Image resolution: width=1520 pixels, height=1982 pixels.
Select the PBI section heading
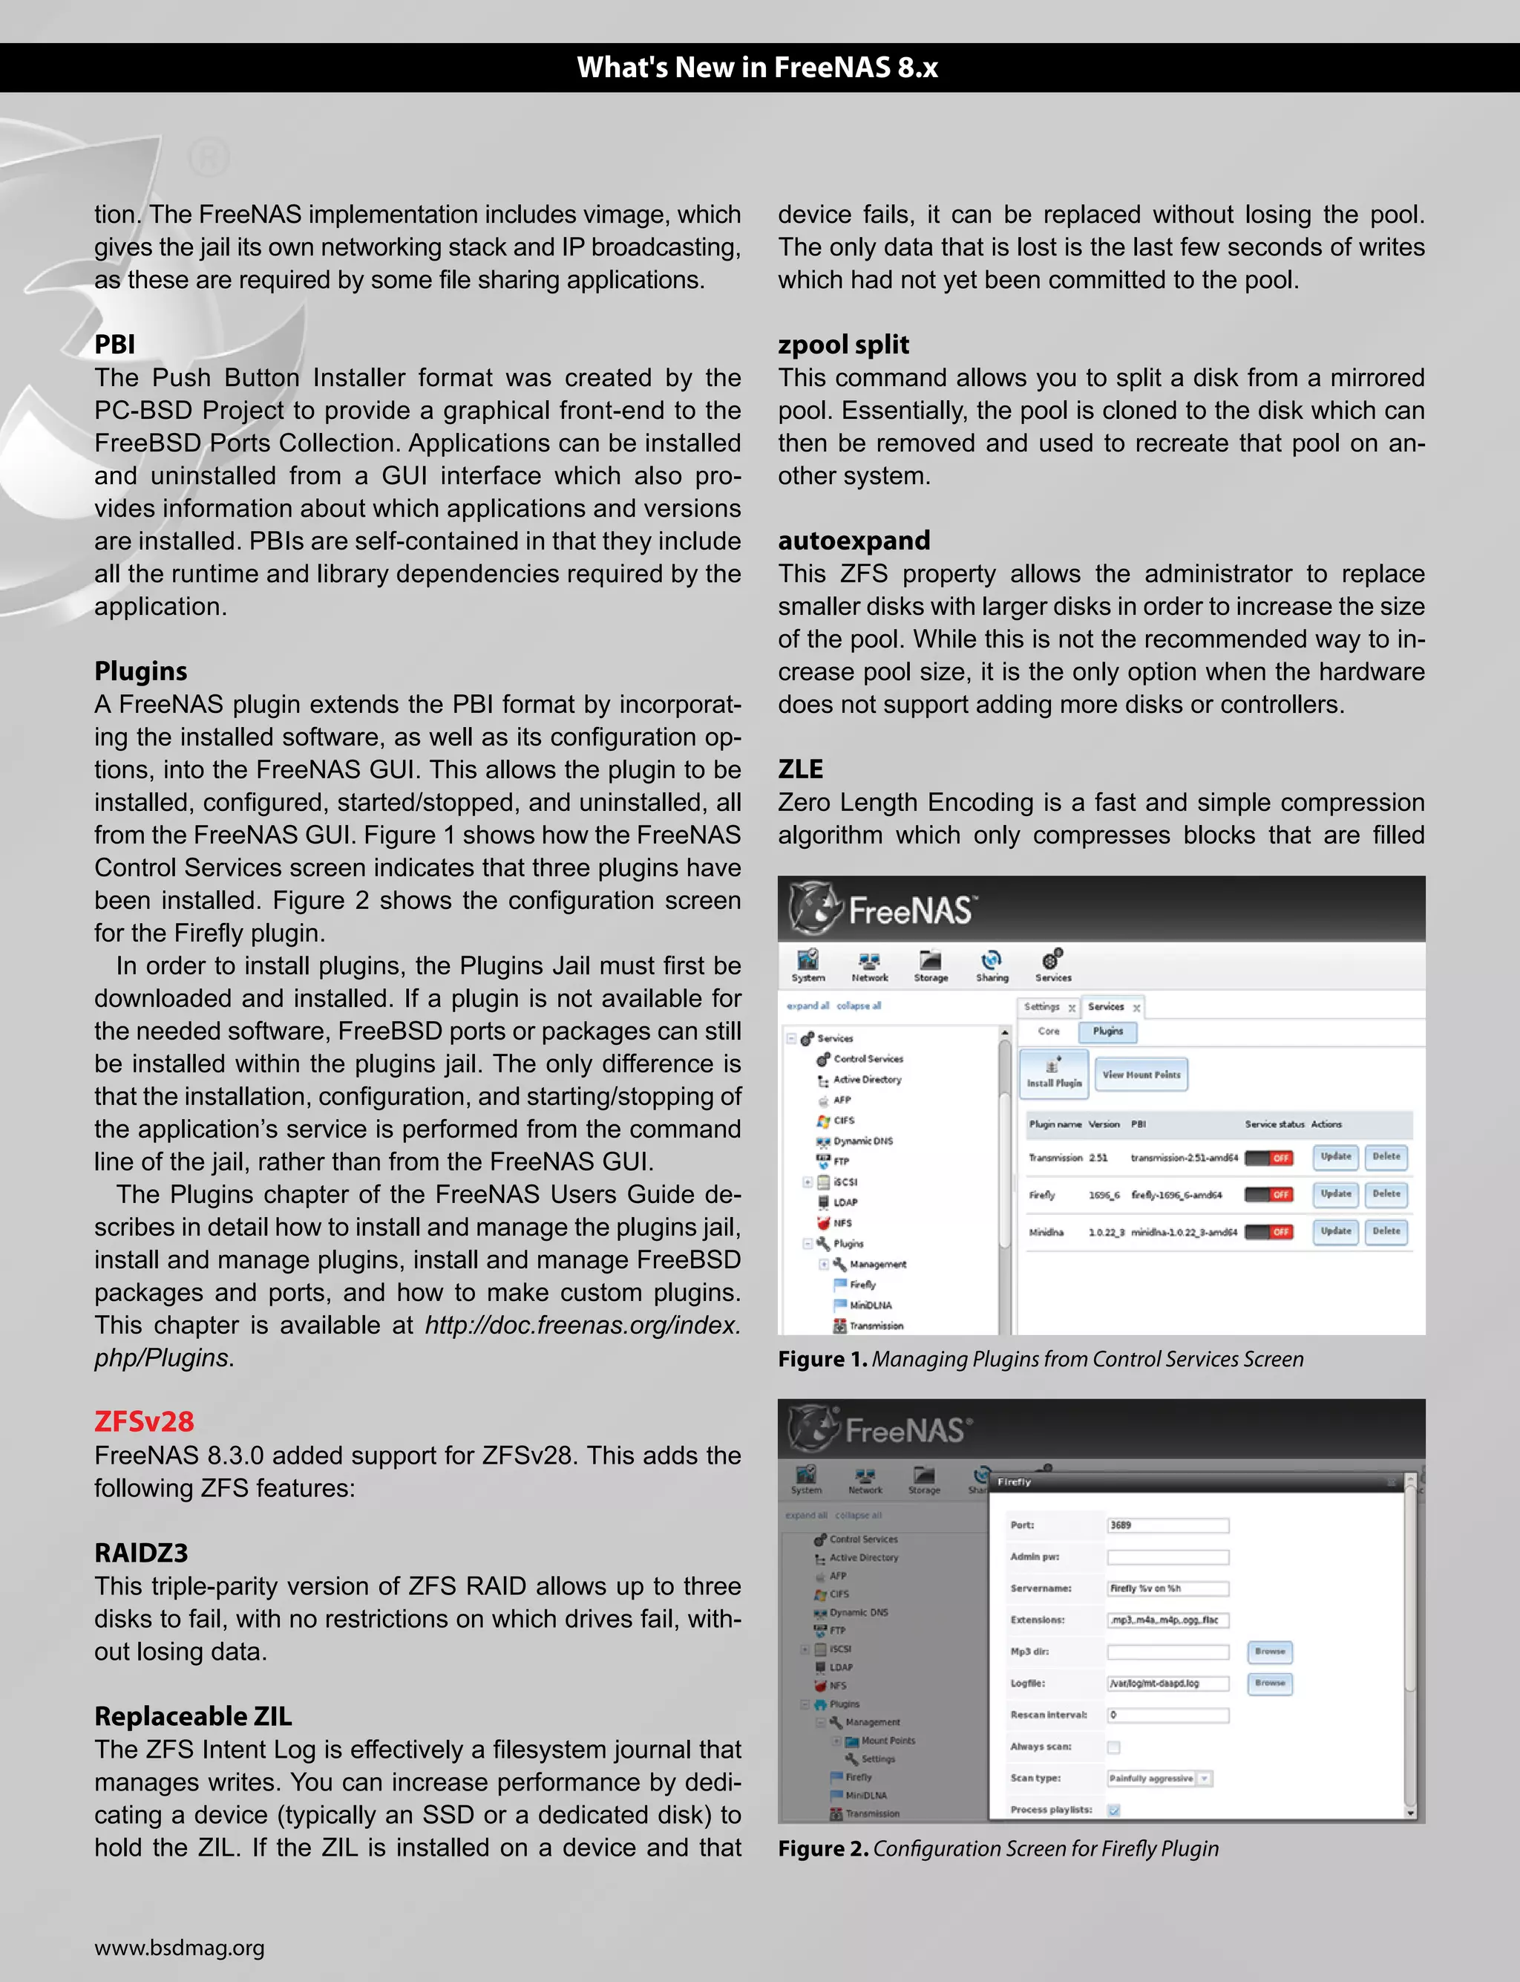tap(115, 345)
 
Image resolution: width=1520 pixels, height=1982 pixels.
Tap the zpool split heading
tap(843, 345)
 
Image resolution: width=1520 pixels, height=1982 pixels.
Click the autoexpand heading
tap(854, 541)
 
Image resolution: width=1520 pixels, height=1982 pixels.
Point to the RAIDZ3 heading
tap(141, 1553)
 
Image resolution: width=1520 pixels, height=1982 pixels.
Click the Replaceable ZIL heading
tap(193, 1716)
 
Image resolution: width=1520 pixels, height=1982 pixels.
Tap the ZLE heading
tap(800, 769)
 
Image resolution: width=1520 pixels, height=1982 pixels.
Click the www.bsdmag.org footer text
tap(179, 1948)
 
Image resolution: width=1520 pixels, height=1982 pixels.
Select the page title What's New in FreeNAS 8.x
tap(759, 68)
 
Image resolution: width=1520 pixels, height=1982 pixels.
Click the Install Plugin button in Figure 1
tap(1054, 1075)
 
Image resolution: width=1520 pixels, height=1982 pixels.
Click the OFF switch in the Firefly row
tap(1268, 1195)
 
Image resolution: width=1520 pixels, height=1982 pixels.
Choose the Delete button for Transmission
tap(1385, 1157)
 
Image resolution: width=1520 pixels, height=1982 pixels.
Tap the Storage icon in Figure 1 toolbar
tap(930, 965)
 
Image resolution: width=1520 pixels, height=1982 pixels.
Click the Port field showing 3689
tap(1167, 1525)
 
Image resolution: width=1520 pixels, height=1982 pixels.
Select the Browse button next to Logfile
tap(1269, 1683)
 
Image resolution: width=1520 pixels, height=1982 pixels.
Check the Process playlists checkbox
tap(1114, 1810)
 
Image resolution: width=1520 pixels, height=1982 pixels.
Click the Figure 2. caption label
tap(822, 1849)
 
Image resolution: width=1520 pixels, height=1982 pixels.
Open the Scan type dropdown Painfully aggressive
tap(1158, 1779)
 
